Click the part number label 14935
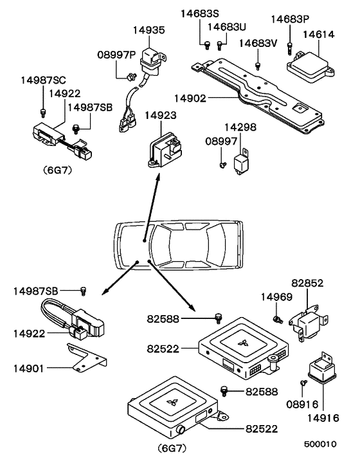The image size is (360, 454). click(x=148, y=30)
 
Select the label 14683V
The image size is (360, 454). click(x=258, y=43)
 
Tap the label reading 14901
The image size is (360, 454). click(x=29, y=368)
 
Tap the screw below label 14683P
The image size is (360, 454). click(x=291, y=46)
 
